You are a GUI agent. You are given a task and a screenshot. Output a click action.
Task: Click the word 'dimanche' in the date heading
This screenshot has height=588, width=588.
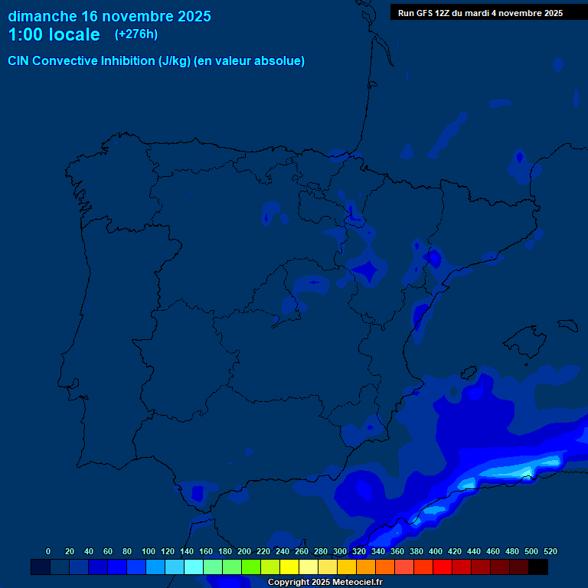click(43, 16)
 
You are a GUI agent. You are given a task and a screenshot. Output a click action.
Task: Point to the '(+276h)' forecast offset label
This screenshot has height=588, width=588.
click(136, 34)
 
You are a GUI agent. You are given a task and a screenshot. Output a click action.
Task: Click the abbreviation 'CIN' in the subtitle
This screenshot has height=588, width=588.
click(18, 61)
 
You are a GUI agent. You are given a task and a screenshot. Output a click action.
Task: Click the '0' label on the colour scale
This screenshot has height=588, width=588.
click(48, 551)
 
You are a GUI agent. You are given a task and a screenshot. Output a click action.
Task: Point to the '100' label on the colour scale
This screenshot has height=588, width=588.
click(149, 551)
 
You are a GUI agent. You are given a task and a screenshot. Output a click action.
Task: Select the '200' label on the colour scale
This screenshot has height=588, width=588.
click(244, 551)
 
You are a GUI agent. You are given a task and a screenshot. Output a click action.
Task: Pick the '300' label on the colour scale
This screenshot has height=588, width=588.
click(340, 551)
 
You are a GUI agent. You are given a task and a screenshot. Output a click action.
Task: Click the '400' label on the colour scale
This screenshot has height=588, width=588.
click(436, 551)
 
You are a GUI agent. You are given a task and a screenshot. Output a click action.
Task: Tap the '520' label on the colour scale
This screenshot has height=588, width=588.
click(550, 551)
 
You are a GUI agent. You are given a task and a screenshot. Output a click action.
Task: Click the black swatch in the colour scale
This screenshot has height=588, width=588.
click(538, 567)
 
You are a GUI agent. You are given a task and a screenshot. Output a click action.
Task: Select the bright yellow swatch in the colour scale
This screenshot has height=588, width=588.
click(289, 567)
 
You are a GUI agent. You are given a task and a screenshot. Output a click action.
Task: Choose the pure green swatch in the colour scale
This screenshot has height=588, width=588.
click(251, 567)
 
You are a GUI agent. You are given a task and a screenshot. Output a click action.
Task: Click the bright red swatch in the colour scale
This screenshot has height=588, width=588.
click(443, 567)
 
